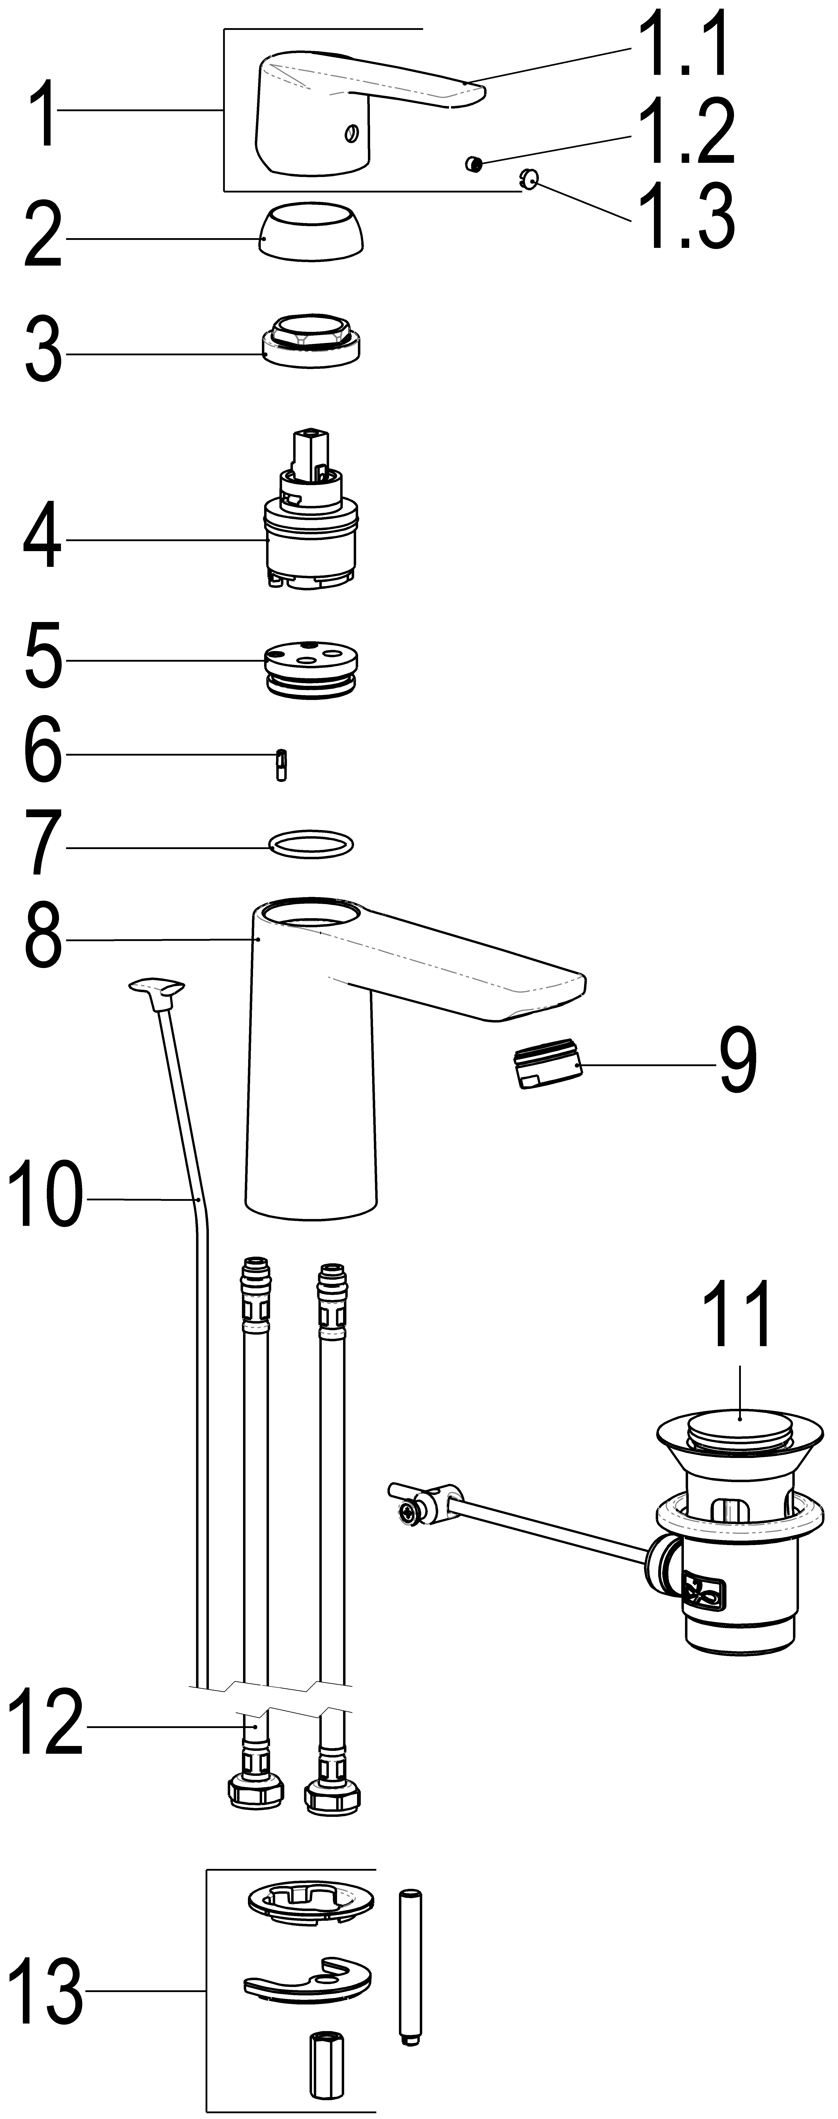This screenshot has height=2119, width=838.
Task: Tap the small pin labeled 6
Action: coord(282,765)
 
